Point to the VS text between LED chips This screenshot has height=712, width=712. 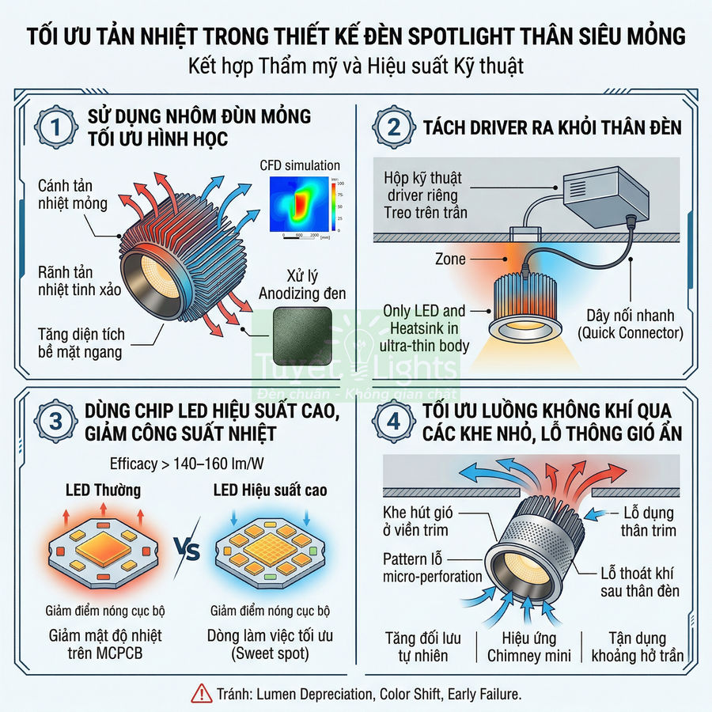[x=184, y=548]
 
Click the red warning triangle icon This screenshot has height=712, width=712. [x=201, y=694]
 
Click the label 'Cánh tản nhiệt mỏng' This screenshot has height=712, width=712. [x=71, y=194]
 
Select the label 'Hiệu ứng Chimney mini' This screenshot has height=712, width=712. [x=529, y=646]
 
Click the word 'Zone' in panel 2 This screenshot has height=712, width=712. [x=450, y=259]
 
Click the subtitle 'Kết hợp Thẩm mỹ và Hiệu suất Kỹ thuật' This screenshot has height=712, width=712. [x=356, y=66]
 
